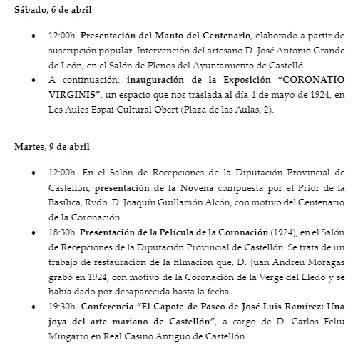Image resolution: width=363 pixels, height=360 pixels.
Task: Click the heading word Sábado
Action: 30,9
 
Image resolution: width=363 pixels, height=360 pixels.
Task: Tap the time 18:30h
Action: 63,232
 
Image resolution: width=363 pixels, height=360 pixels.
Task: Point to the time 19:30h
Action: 63,307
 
